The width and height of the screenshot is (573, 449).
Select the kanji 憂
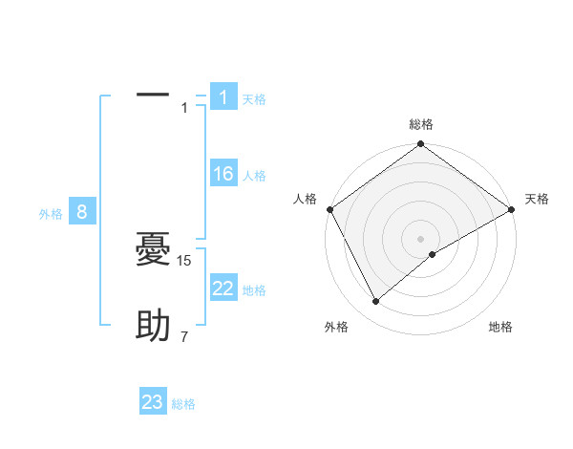(153, 251)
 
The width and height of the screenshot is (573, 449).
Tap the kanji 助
(153, 327)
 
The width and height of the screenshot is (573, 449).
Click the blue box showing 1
(223, 97)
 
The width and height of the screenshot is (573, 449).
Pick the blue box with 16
(223, 174)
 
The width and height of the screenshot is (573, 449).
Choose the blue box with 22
(223, 289)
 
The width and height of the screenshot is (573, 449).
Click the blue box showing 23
(153, 402)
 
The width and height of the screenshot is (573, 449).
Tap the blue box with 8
(82, 212)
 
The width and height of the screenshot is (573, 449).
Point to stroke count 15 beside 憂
(185, 260)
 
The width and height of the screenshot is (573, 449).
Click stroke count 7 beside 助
(184, 336)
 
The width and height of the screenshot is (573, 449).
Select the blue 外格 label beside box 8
(51, 214)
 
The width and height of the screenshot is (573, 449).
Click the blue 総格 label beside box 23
(183, 404)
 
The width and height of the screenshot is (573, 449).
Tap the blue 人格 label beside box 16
(254, 176)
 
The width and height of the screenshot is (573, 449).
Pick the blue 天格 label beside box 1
(254, 99)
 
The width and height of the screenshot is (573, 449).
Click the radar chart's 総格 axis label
(420, 124)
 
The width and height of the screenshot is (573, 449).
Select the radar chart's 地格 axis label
(500, 328)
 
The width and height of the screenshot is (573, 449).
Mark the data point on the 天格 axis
(512, 209)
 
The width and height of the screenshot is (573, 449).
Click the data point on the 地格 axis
(433, 254)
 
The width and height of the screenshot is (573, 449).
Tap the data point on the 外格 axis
(376, 301)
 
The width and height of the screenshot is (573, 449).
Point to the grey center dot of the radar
(420, 238)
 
